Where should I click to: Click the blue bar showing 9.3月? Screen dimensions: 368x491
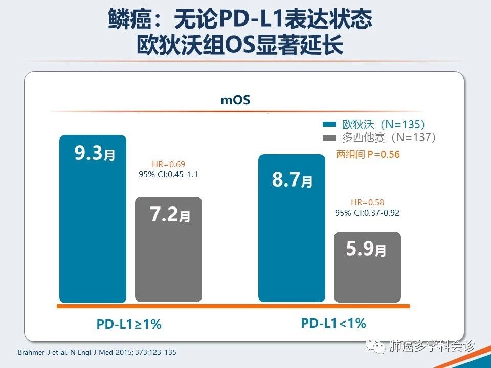pos(93,220)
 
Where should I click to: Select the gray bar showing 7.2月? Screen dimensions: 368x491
pos(168,250)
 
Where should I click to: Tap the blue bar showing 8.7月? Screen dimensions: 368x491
pos(292,230)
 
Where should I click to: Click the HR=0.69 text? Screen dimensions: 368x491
pos(168,164)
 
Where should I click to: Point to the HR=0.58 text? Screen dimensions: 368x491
pos(367,202)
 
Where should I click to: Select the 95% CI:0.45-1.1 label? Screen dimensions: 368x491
pos(168,174)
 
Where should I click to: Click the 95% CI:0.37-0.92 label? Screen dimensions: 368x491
pos(367,212)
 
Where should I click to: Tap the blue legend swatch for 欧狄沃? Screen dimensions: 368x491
pos(329,124)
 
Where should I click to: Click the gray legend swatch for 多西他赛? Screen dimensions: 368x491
pos(329,137)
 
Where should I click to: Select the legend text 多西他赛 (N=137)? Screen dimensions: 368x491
pos(389,137)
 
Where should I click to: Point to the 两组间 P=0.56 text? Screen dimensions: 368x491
pos(368,154)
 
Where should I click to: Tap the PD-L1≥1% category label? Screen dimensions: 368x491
pos(129,324)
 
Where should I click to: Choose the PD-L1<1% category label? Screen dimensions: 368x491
pos(333,323)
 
